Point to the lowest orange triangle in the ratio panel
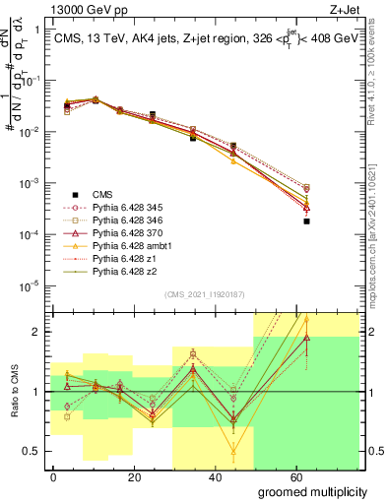[x=233, y=452]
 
